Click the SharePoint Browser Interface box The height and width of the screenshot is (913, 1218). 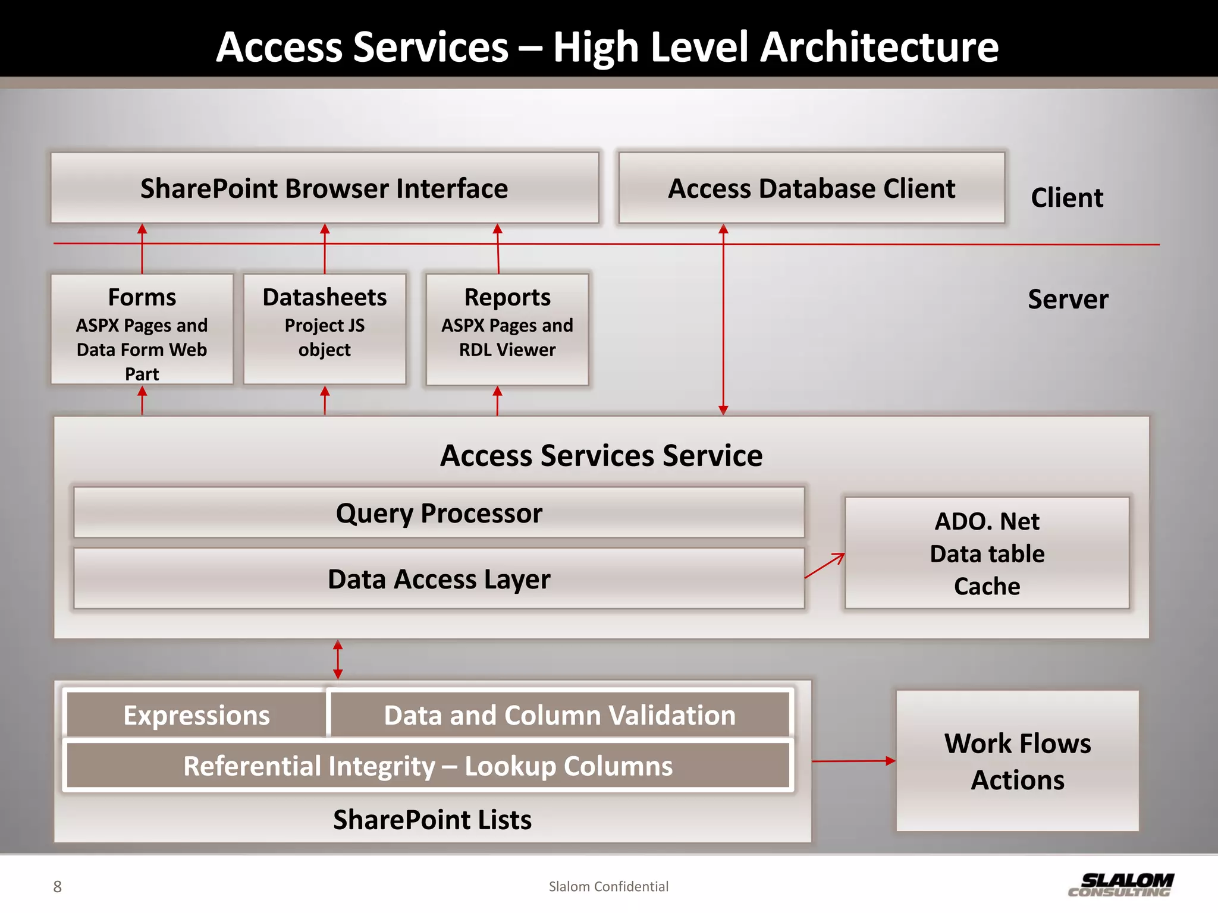[x=324, y=188]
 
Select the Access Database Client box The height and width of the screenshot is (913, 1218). [x=811, y=188]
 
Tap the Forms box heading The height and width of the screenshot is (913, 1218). [x=142, y=297]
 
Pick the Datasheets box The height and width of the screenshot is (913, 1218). [x=324, y=328]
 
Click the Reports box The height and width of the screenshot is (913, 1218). [x=507, y=328]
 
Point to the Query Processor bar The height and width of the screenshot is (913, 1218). [x=439, y=513]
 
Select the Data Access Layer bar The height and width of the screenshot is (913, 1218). [x=439, y=579]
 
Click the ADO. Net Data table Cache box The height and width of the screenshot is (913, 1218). [x=987, y=553]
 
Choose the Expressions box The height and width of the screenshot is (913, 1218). [x=196, y=715]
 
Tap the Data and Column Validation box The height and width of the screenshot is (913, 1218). [x=559, y=715]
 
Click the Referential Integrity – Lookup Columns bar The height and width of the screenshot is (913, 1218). [x=428, y=766]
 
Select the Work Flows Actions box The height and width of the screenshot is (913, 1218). [x=1017, y=761]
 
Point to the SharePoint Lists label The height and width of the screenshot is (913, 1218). [x=432, y=820]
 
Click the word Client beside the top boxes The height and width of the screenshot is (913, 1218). [x=1067, y=198]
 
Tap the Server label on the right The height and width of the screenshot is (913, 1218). [x=1068, y=299]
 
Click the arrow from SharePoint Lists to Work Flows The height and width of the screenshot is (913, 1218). [x=853, y=761]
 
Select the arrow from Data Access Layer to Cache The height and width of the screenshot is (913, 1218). [x=824, y=566]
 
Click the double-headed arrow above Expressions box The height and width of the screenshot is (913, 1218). [x=338, y=660]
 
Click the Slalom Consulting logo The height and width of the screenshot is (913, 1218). [x=1120, y=885]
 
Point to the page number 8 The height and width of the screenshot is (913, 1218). [x=57, y=887]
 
